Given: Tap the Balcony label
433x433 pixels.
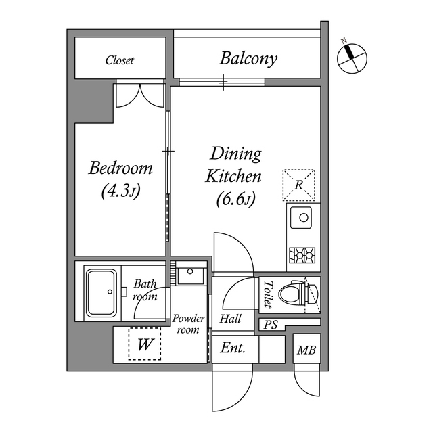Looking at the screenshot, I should pyautogui.click(x=248, y=59).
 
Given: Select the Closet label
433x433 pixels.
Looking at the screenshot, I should pyautogui.click(x=120, y=60).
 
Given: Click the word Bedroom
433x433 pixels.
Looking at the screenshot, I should pyautogui.click(x=121, y=168).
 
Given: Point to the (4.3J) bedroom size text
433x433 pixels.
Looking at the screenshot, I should pyautogui.click(x=120, y=191).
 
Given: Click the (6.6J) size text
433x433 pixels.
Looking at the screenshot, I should pyautogui.click(x=235, y=200).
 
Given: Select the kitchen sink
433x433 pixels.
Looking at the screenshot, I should pyautogui.click(x=302, y=219).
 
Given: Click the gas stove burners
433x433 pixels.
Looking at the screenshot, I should pyautogui.click(x=302, y=255).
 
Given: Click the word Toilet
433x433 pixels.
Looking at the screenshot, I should pyautogui.click(x=267, y=294).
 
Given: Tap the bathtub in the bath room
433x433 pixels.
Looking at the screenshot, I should pyautogui.click(x=102, y=292).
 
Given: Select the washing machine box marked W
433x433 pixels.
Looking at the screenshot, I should pyautogui.click(x=145, y=344).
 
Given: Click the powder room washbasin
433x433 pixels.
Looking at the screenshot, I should pyautogui.click(x=189, y=274).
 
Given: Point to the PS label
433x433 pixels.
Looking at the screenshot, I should pyautogui.click(x=271, y=325).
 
